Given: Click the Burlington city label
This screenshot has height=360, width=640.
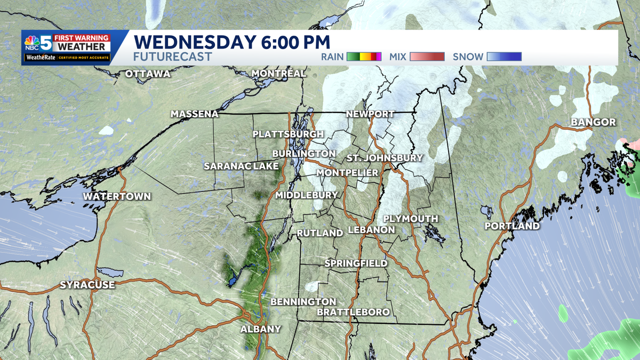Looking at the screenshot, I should tap(303, 154).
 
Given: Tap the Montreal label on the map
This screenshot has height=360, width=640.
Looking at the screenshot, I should tap(278, 73).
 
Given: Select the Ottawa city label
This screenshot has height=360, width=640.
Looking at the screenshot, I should tap(148, 74).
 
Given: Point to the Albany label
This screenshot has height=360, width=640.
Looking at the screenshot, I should tap(260, 329).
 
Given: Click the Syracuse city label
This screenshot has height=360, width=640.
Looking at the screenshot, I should tap(87, 285).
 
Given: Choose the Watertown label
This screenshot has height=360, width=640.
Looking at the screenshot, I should tap(117, 196).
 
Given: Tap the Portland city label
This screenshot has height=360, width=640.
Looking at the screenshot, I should tap(512, 226).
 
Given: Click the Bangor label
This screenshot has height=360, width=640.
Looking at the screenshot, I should tap(593, 122).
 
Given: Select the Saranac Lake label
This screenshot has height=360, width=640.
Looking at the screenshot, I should tap(241, 166).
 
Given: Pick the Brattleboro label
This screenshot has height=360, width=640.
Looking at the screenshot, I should tap(353, 311).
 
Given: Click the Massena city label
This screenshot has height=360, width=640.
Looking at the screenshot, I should tap(195, 114).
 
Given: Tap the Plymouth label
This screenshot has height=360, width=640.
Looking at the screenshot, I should tap(411, 219).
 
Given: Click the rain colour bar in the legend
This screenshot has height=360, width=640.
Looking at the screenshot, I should tap(364, 57).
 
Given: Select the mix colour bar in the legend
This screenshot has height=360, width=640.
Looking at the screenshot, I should tap(427, 57).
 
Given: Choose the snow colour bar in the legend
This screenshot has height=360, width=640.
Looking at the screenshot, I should tap(503, 57).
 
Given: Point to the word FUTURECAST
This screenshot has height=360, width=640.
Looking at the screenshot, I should tap(172, 57).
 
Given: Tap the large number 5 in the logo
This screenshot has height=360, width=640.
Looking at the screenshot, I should tap(47, 43).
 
